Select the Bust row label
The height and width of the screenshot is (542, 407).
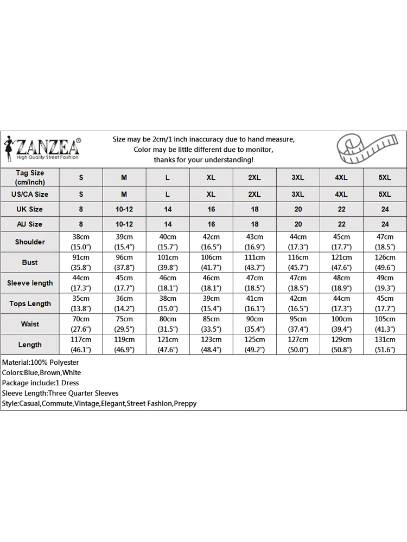point(30,262)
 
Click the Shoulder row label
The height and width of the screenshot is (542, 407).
point(30,242)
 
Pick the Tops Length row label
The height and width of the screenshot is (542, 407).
point(30,304)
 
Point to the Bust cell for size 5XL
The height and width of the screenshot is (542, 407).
point(385,262)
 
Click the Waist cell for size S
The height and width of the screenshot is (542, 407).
point(81,324)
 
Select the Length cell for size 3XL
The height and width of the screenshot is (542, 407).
point(298,345)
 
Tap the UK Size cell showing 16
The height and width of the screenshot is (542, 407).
point(211,209)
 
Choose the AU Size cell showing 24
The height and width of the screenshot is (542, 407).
point(385,224)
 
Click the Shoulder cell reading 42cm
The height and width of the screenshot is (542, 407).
point(211,242)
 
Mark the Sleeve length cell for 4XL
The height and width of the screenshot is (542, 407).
point(341,283)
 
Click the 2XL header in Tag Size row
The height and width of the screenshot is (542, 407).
point(255,178)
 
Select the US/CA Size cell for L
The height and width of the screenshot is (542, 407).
point(168,194)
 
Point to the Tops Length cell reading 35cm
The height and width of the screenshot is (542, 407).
point(81,304)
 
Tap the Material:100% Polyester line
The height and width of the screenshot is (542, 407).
point(41,362)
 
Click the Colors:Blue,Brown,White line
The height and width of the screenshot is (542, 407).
point(41,372)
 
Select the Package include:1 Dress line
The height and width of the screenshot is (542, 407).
point(41,383)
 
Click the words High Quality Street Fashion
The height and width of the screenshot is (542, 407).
point(48,157)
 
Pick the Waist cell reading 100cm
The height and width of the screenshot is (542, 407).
point(341,324)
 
